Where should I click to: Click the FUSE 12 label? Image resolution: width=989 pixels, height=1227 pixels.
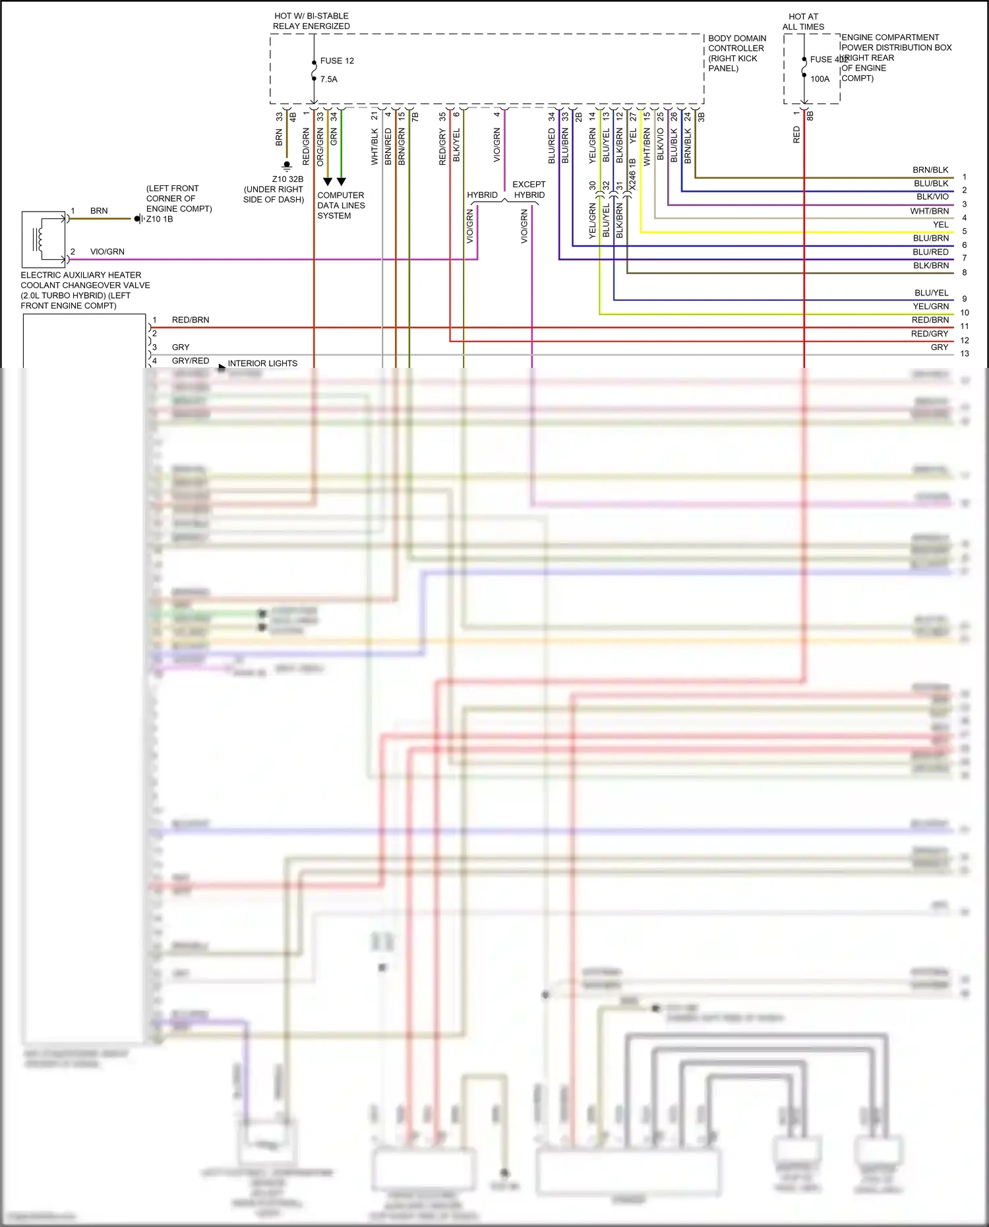[x=337, y=61]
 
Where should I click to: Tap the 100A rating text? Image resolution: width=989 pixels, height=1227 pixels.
[x=820, y=79]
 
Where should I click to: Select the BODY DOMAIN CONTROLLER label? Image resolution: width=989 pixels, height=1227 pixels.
[x=736, y=53]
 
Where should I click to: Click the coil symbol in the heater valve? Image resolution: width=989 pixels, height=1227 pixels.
[x=41, y=238]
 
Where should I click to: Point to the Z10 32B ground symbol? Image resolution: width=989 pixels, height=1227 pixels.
[x=287, y=165]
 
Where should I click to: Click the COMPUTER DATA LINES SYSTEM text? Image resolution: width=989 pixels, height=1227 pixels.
[x=340, y=205]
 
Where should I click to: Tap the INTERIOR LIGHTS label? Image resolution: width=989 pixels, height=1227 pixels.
[x=262, y=363]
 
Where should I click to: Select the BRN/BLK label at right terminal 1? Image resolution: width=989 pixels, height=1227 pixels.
[x=930, y=170]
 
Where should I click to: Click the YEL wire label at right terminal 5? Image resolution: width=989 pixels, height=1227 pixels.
[x=941, y=225]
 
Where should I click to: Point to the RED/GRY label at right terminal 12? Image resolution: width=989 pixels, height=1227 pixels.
[x=930, y=334]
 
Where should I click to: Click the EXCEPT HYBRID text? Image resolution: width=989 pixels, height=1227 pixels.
[x=529, y=190]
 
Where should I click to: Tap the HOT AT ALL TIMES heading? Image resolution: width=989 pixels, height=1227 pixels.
[x=803, y=22]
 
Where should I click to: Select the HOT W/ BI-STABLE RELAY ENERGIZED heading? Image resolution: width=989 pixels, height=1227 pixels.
[x=311, y=21]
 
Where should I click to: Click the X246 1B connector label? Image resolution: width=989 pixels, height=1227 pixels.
[x=632, y=175]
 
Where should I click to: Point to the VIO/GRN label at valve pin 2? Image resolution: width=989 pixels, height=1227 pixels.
[x=107, y=252]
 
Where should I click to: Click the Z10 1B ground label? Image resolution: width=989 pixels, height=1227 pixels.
[x=160, y=219]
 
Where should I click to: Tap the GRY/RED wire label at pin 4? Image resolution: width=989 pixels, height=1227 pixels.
[x=190, y=361]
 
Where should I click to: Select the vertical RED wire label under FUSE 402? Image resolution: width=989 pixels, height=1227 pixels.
[x=796, y=135]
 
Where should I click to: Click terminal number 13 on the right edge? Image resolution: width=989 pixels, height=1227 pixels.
[x=965, y=354]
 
